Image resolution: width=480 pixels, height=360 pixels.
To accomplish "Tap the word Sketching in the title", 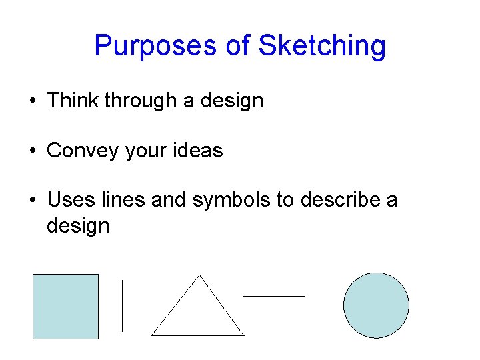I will tap(322, 47).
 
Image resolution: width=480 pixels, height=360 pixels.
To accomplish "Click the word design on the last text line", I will tap(78, 226).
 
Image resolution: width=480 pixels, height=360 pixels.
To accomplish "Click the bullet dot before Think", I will tap(33, 101).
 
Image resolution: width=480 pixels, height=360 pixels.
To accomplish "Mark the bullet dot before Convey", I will tap(33, 151).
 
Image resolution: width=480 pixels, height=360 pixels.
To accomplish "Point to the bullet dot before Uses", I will tap(33, 201).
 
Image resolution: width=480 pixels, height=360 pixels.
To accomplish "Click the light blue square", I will tap(65, 307).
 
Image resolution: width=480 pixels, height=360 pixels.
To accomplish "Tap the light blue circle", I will tap(376, 305).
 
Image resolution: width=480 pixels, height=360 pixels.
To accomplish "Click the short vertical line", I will tap(122, 305).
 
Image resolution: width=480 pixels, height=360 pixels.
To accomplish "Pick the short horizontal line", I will tap(274, 295).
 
